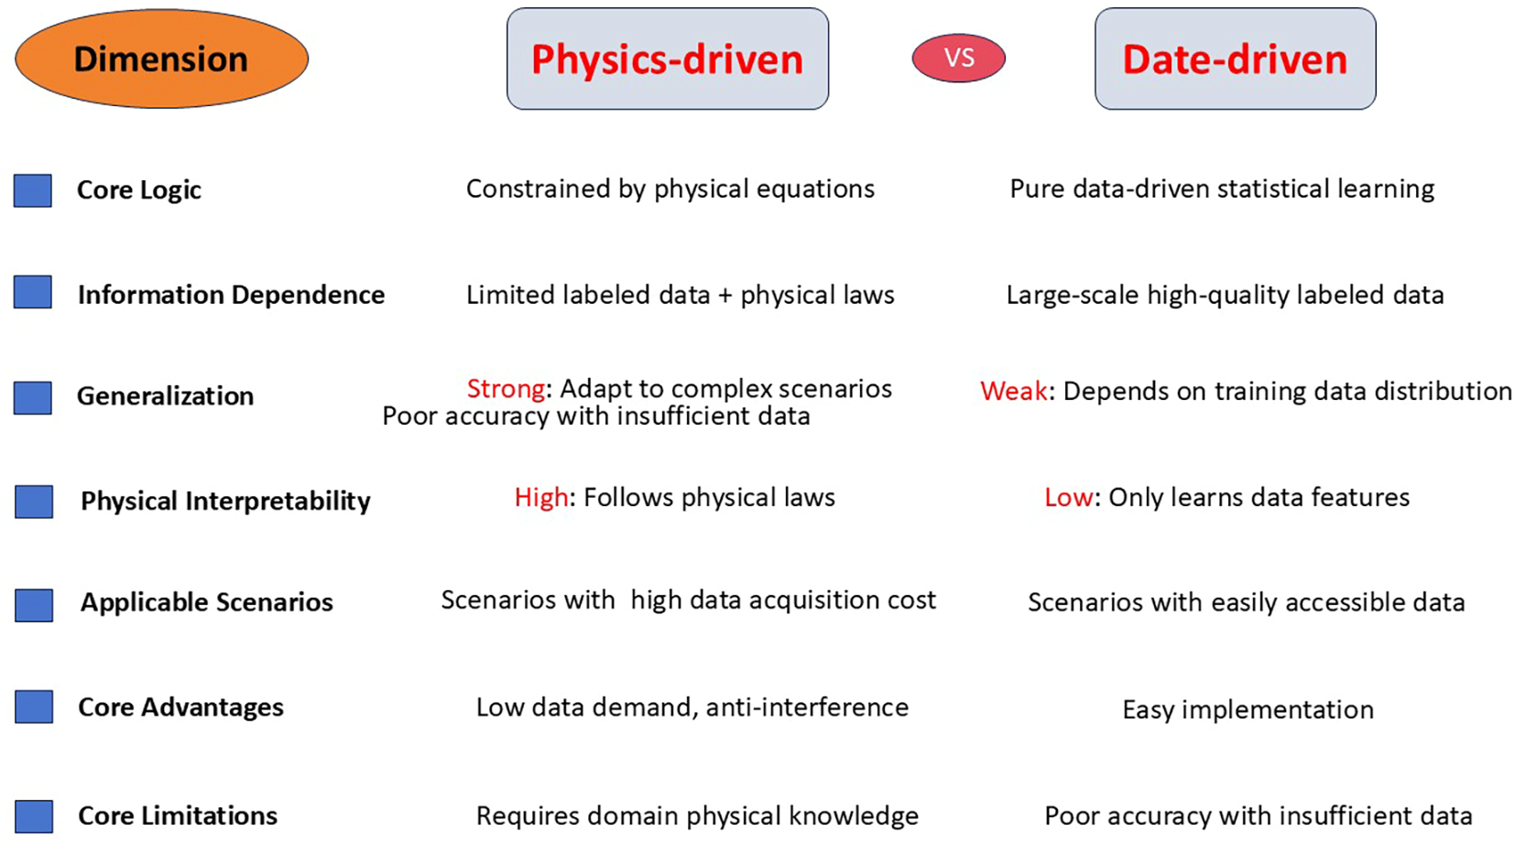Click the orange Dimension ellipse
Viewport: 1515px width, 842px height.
[161, 59]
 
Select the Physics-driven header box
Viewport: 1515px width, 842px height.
[667, 59]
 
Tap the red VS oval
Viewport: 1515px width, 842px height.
[958, 58]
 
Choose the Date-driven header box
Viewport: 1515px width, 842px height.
[1235, 59]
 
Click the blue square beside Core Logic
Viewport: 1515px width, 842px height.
[33, 190]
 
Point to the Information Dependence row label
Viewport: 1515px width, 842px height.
[231, 295]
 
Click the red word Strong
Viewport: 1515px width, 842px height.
[506, 389]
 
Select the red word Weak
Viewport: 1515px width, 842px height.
[1013, 392]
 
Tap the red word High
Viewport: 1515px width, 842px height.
[540, 498]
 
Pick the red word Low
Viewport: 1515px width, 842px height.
[1068, 498]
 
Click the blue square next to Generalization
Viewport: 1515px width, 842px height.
[33, 397]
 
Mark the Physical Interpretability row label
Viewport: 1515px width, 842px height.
[225, 502]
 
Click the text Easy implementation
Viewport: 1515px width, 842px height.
[1248, 710]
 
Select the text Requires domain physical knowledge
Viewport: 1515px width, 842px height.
[697, 816]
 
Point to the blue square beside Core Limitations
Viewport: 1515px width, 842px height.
[34, 816]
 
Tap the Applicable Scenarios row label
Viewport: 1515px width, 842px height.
[207, 602]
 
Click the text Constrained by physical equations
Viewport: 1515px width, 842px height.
[670, 189]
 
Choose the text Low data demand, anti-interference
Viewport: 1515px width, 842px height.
[692, 707]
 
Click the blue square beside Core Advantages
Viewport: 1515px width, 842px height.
[34, 707]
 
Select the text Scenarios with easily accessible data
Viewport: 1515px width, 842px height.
[1246, 603]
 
